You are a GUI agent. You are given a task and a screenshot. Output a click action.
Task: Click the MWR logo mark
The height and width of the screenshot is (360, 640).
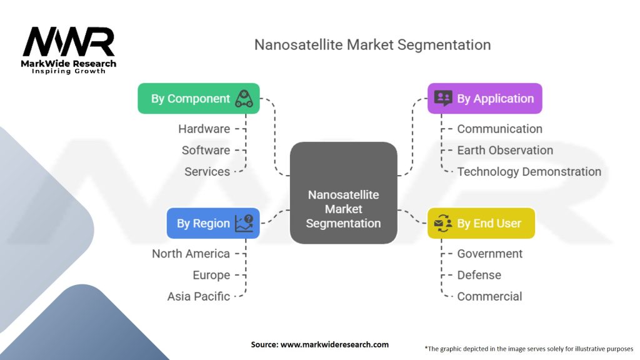click(69, 42)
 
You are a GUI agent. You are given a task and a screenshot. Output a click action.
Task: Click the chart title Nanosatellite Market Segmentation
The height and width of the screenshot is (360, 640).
click(372, 45)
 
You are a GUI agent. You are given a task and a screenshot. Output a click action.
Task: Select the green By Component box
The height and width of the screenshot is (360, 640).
click(198, 99)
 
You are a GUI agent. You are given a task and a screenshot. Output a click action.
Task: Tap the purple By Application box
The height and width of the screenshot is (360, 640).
click(484, 99)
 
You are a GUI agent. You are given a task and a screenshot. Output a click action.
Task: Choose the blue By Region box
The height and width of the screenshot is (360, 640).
click(212, 223)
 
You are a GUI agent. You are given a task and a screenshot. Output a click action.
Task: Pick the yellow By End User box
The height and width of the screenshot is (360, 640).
click(481, 223)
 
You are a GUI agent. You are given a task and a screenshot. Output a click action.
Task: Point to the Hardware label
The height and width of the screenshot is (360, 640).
click(204, 129)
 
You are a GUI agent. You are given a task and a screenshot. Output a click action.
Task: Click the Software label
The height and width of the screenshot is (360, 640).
click(206, 150)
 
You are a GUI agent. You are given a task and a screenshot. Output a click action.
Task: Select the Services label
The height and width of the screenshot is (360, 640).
click(207, 171)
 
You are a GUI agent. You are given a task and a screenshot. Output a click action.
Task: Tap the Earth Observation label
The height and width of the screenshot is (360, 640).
click(505, 150)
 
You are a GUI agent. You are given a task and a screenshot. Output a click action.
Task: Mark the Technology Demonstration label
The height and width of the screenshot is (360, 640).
click(529, 171)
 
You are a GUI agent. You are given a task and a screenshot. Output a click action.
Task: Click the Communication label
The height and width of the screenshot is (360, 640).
click(499, 129)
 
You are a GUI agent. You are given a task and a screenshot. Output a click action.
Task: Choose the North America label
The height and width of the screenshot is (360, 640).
click(191, 254)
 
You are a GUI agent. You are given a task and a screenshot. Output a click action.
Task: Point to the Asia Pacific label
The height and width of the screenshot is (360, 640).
click(198, 296)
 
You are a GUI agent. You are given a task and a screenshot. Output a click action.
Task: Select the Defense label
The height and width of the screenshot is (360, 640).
click(479, 275)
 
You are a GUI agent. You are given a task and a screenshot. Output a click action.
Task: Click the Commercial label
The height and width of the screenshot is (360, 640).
click(489, 296)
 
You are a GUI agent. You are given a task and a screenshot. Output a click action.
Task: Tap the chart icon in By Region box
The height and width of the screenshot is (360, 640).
click(244, 223)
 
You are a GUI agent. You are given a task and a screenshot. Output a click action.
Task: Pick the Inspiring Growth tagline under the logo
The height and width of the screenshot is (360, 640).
click(69, 71)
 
